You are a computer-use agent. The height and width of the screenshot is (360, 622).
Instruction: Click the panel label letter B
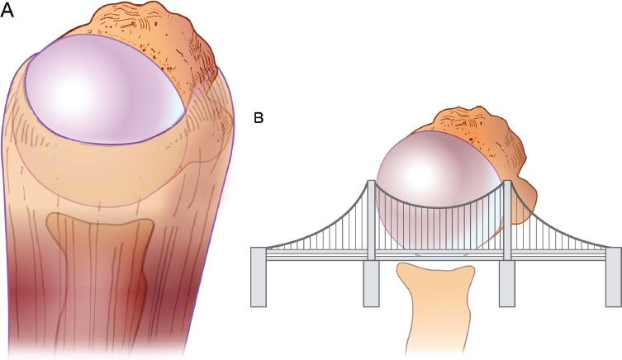point(259,118)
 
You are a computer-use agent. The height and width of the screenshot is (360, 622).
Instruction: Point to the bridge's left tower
point(371,220)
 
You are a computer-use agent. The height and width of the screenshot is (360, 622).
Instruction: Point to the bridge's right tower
point(507,220)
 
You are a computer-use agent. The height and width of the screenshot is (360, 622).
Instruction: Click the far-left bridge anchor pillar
point(259,277)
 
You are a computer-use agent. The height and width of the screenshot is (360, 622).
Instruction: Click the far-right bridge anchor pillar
point(613,277)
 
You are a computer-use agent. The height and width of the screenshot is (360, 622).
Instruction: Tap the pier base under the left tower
point(371,283)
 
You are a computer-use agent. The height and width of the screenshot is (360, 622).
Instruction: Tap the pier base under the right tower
point(507,283)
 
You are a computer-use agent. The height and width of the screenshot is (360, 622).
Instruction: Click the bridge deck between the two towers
point(439,255)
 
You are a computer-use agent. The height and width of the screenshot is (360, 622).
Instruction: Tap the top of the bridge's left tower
point(371,181)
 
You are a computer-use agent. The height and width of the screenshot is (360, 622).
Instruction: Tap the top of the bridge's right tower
point(507,181)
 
